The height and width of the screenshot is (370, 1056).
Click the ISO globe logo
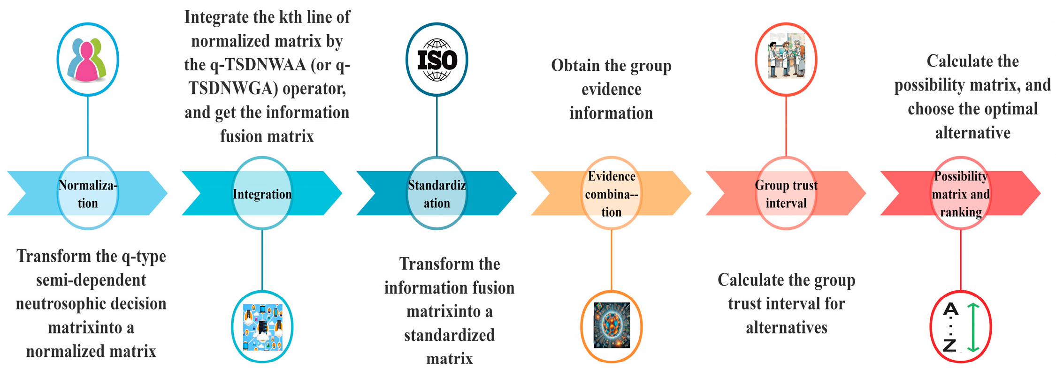437,60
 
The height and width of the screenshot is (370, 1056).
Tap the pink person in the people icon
87,64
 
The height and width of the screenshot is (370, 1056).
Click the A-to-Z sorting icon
960,327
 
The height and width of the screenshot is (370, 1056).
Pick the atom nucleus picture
611,325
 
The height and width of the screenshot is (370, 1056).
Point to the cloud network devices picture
262,327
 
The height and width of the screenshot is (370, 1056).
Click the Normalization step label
88,194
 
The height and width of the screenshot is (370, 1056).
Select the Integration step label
262,194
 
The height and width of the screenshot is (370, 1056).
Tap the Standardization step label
437,194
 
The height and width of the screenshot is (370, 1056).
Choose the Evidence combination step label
612,194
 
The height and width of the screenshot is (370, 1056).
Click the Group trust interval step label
786,194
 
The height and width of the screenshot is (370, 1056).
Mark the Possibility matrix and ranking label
961,194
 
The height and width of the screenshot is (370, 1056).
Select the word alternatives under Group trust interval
787,327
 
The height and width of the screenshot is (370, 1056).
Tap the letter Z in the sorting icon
949,345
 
